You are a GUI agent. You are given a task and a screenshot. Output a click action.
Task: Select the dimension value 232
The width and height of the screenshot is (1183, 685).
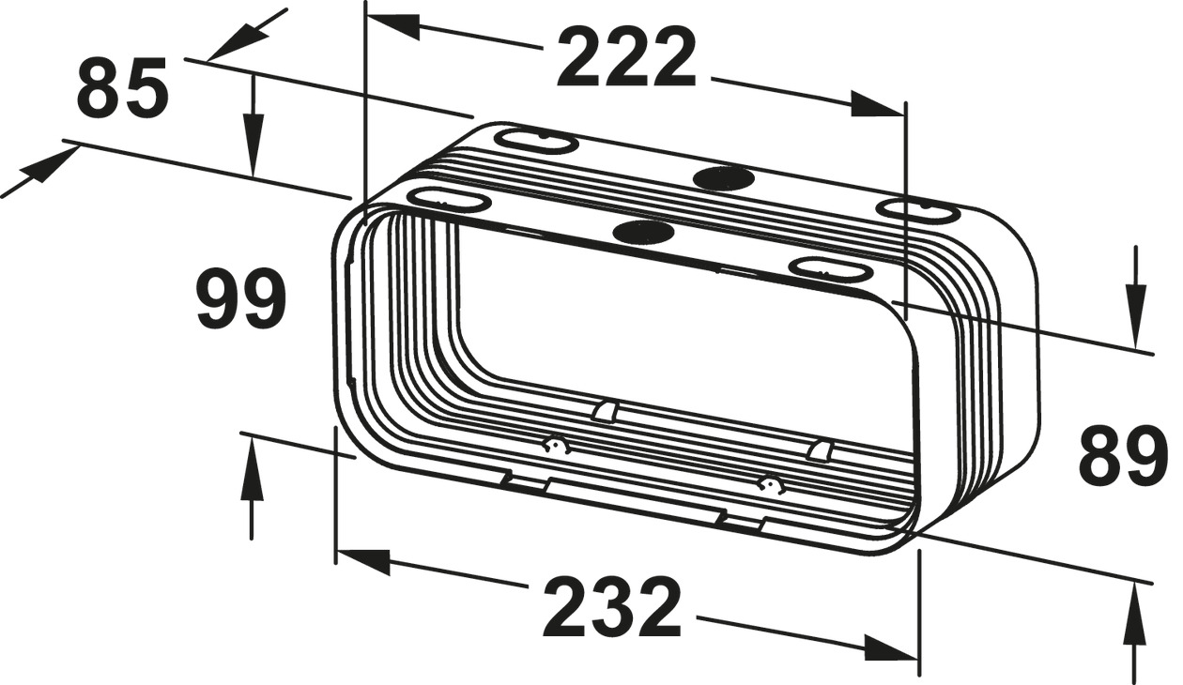point(611,607)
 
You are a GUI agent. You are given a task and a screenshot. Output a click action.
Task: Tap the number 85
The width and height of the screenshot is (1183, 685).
point(122,89)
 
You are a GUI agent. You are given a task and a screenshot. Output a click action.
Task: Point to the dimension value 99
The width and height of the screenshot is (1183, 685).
point(240,299)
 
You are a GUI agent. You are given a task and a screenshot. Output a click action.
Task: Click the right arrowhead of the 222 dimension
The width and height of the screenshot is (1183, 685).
point(878,105)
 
